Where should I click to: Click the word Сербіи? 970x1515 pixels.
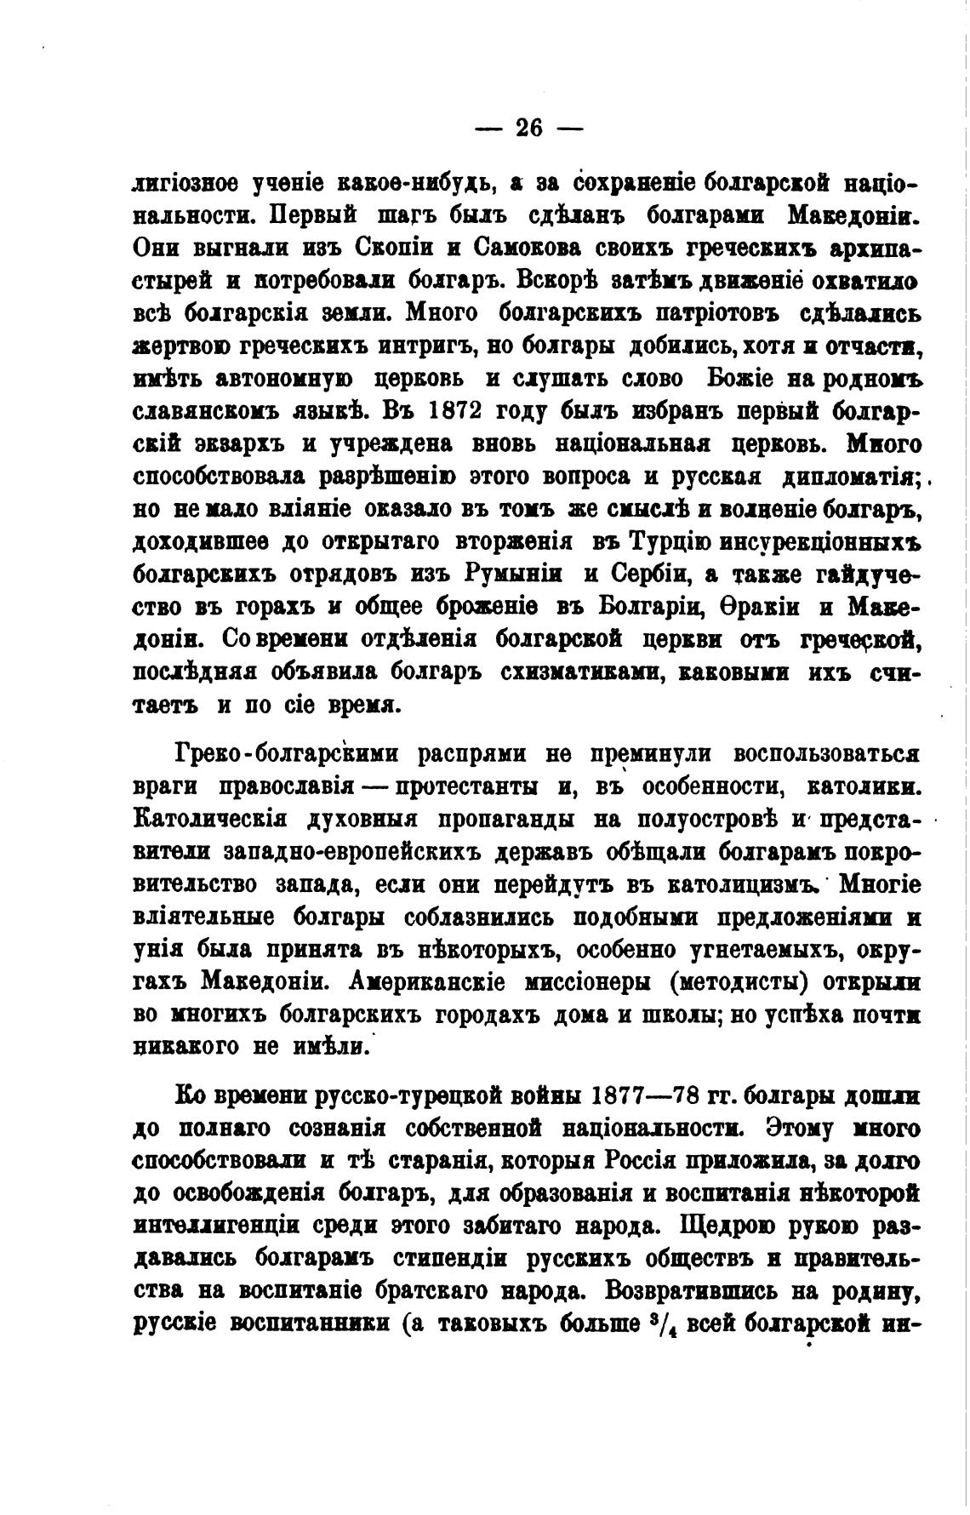(x=640, y=574)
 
